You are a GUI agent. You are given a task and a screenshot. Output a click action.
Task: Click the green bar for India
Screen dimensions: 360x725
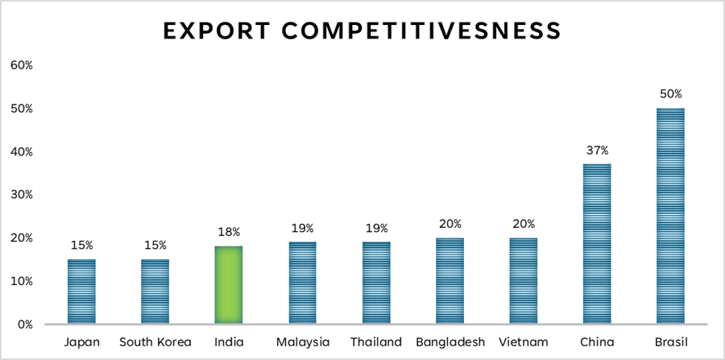click(x=229, y=285)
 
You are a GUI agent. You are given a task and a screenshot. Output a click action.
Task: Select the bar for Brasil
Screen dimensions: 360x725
click(x=670, y=216)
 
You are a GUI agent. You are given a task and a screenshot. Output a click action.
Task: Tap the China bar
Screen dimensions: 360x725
click(x=597, y=244)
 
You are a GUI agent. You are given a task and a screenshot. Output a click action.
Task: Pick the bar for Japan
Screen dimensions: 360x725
click(x=81, y=292)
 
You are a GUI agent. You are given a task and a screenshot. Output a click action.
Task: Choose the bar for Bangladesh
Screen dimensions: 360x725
click(x=449, y=281)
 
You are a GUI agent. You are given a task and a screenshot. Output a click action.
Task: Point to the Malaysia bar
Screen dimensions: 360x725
click(x=303, y=283)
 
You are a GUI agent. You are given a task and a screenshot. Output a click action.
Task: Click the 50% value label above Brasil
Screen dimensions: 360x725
click(x=670, y=93)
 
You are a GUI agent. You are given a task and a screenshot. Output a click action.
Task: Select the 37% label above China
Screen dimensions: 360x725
click(x=597, y=150)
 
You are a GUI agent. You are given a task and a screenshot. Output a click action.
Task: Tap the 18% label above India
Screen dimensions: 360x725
click(x=230, y=232)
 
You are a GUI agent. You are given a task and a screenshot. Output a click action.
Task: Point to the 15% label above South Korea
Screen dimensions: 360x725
click(x=155, y=245)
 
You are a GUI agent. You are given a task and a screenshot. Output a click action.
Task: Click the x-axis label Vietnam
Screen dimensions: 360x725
click(x=523, y=341)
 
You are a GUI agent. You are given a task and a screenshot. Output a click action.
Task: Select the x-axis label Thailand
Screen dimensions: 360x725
click(x=375, y=341)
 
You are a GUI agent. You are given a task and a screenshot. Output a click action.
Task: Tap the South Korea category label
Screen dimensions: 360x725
click(x=155, y=341)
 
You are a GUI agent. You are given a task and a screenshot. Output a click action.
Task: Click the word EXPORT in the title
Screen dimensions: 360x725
click(x=211, y=31)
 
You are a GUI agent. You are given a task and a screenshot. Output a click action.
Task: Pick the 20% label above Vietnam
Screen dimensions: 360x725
click(x=524, y=224)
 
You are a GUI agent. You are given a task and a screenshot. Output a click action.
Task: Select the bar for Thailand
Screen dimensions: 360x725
click(x=376, y=283)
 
